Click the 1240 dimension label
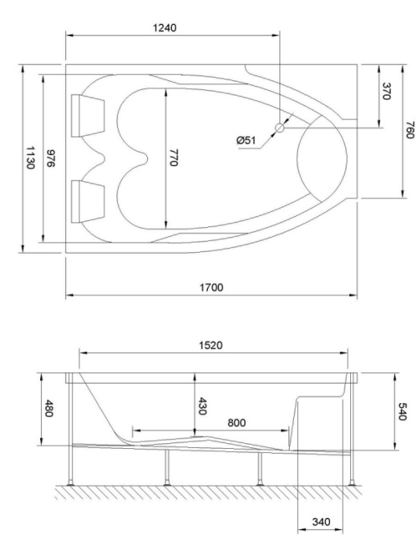pos(165,27)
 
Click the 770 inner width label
pos(173,158)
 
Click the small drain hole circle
pos(279,127)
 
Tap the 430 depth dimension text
pos(202,406)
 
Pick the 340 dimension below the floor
pos(319,523)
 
